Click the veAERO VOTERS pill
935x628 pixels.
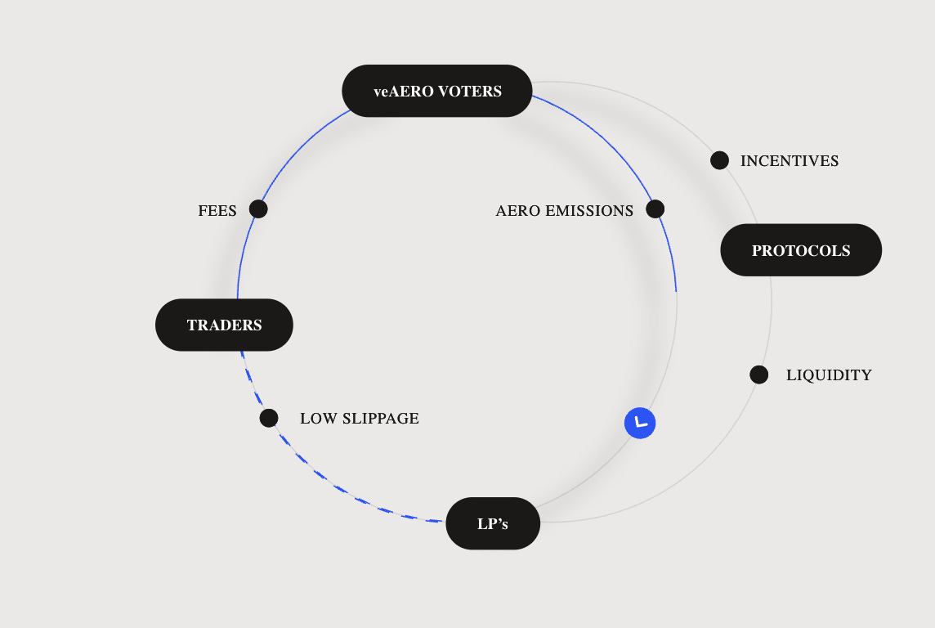tap(437, 91)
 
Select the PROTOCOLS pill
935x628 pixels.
tap(801, 250)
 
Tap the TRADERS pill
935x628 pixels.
tap(224, 325)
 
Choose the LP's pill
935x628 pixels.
tap(493, 523)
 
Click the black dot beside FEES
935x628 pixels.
tap(258, 209)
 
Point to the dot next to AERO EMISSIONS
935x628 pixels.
tap(655, 209)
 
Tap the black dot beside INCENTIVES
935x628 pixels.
tap(719, 160)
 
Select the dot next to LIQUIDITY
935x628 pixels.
tap(758, 375)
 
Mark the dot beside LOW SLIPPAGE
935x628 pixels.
tap(269, 418)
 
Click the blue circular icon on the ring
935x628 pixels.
tap(640, 423)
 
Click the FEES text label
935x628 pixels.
tap(217, 211)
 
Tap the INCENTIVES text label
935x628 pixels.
tap(790, 161)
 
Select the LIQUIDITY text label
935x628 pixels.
tap(829, 375)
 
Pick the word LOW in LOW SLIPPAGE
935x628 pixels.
tap(315, 419)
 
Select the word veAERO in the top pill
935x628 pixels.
tap(403, 92)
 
